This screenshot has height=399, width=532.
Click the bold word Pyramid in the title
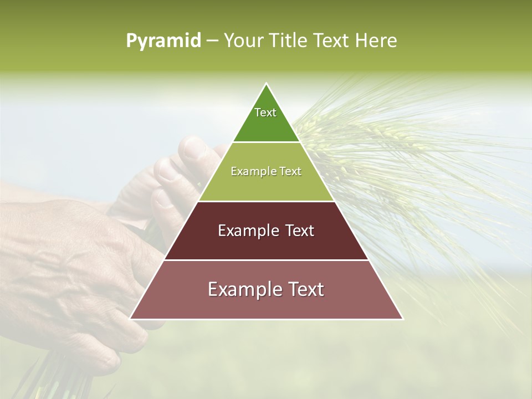click(x=163, y=40)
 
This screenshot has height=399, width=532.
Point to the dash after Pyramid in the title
click(x=212, y=41)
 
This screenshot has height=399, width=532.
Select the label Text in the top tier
click(x=265, y=112)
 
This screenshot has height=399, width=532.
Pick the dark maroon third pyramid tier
click(x=266, y=244)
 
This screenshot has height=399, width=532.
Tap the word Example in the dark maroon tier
click(x=246, y=231)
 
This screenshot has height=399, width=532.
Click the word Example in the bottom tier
click(x=242, y=289)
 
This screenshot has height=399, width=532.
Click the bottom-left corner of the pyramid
click(x=130, y=319)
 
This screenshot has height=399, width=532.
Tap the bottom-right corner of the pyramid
click(x=403, y=319)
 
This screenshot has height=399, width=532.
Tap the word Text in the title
click(x=331, y=40)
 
